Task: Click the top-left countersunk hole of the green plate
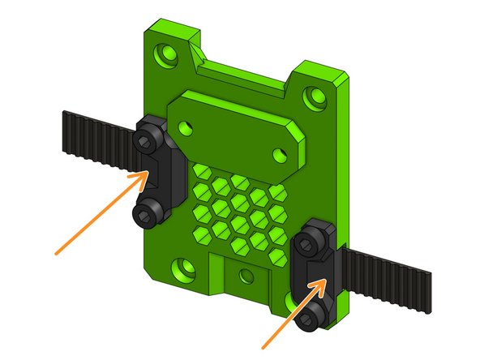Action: click(169, 55)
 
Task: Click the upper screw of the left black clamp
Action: click(144, 142)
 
